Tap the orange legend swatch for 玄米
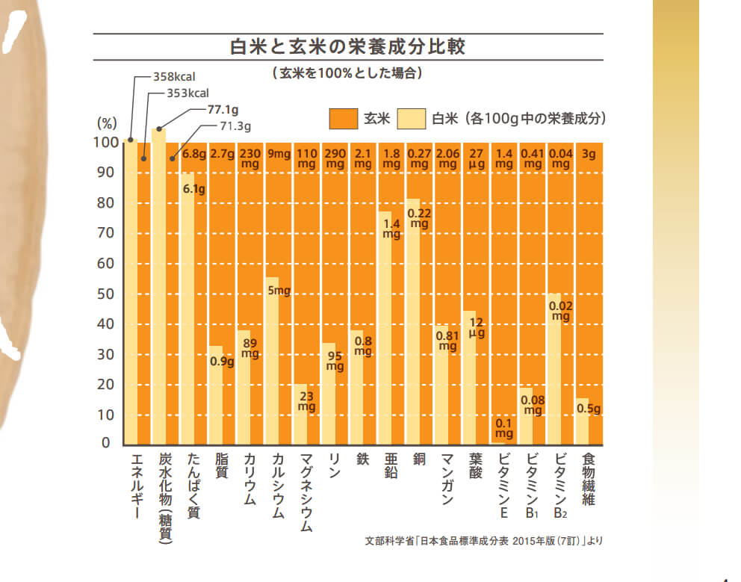(343, 118)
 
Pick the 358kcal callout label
(174, 76)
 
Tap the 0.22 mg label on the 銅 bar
(419, 217)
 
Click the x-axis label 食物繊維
(589, 479)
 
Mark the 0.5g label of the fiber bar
(589, 409)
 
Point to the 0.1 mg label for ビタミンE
(504, 428)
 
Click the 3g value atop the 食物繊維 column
(589, 155)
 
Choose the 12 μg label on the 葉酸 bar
(476, 328)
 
